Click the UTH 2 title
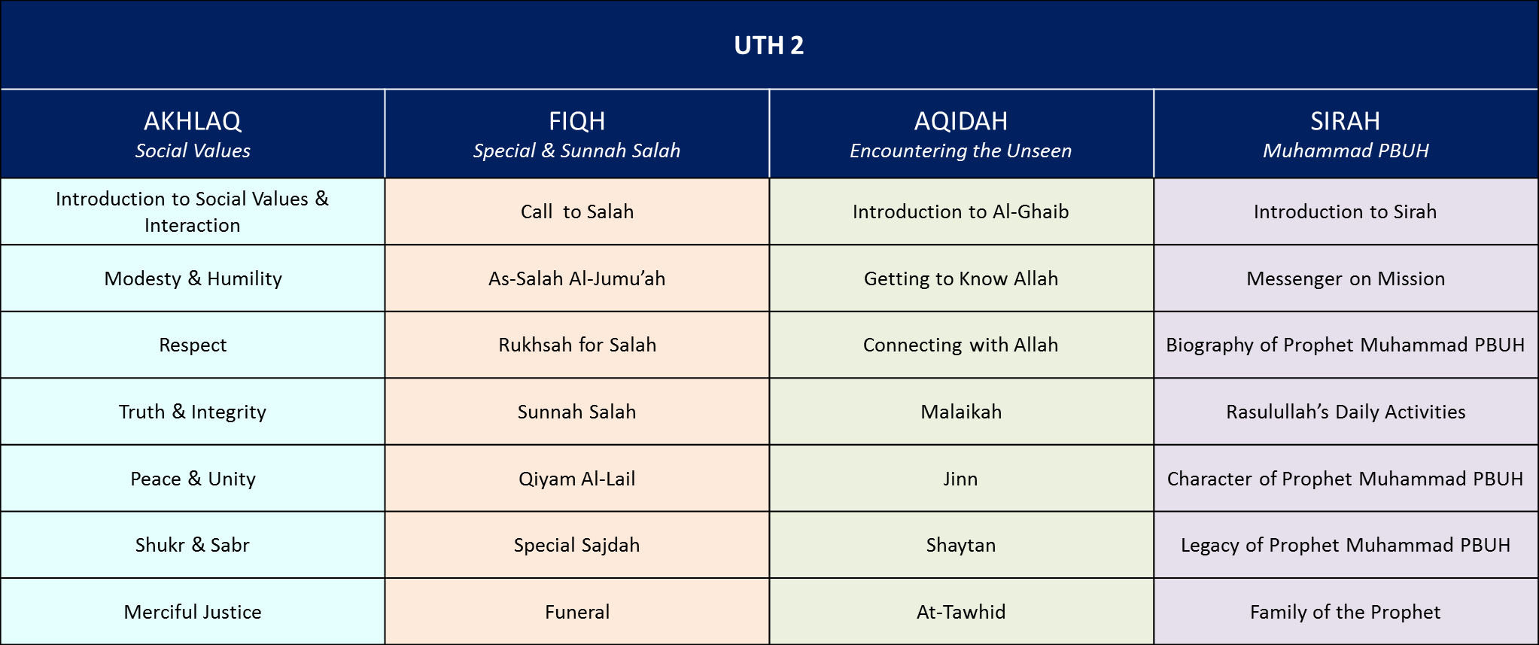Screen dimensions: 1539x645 click(768, 45)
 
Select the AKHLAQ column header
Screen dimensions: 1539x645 click(193, 120)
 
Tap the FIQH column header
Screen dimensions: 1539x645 click(576, 120)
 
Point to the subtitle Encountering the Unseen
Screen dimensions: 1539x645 click(961, 151)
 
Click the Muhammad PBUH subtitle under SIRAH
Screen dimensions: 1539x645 click(1346, 151)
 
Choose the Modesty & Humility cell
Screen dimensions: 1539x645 click(193, 278)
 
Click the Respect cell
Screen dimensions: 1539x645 click(193, 345)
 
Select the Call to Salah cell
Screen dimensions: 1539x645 click(577, 211)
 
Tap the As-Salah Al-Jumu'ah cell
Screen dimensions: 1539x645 click(577, 278)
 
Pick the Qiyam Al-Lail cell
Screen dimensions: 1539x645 click(577, 479)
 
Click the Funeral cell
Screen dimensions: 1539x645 click(577, 612)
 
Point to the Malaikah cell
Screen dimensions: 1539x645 click(961, 412)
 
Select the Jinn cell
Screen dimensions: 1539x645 click(961, 479)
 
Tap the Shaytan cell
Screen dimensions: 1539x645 click(961, 545)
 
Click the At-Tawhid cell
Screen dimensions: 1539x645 click(961, 612)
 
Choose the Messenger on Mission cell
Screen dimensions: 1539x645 click(1346, 278)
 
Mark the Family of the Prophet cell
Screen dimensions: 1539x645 click(1346, 612)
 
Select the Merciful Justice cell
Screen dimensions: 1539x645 click(193, 612)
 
